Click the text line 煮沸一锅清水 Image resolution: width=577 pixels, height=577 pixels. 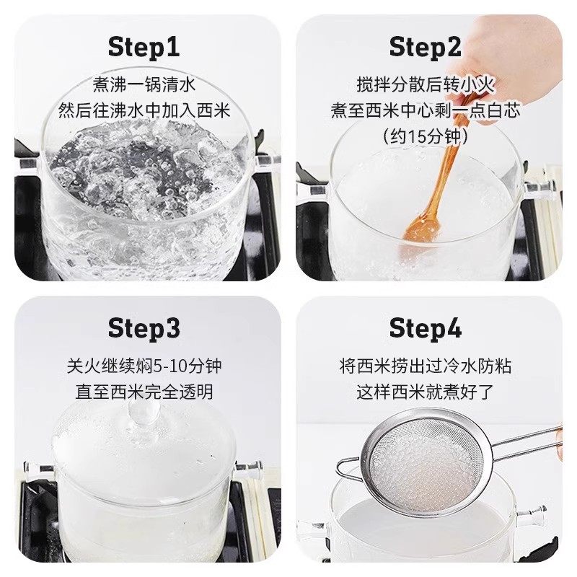click(x=144, y=84)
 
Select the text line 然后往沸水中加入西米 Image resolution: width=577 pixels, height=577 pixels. click(x=144, y=111)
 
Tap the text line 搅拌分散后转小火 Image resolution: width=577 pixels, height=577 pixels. click(x=425, y=84)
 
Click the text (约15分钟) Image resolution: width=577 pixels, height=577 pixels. click(x=425, y=137)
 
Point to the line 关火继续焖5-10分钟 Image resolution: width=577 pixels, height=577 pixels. click(x=144, y=366)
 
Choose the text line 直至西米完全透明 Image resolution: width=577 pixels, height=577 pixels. click(x=144, y=392)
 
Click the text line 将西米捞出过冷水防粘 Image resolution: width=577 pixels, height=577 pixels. click(x=425, y=366)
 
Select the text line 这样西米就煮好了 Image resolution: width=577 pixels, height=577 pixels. click(x=425, y=392)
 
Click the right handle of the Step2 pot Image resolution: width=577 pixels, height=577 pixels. click(x=539, y=189)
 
